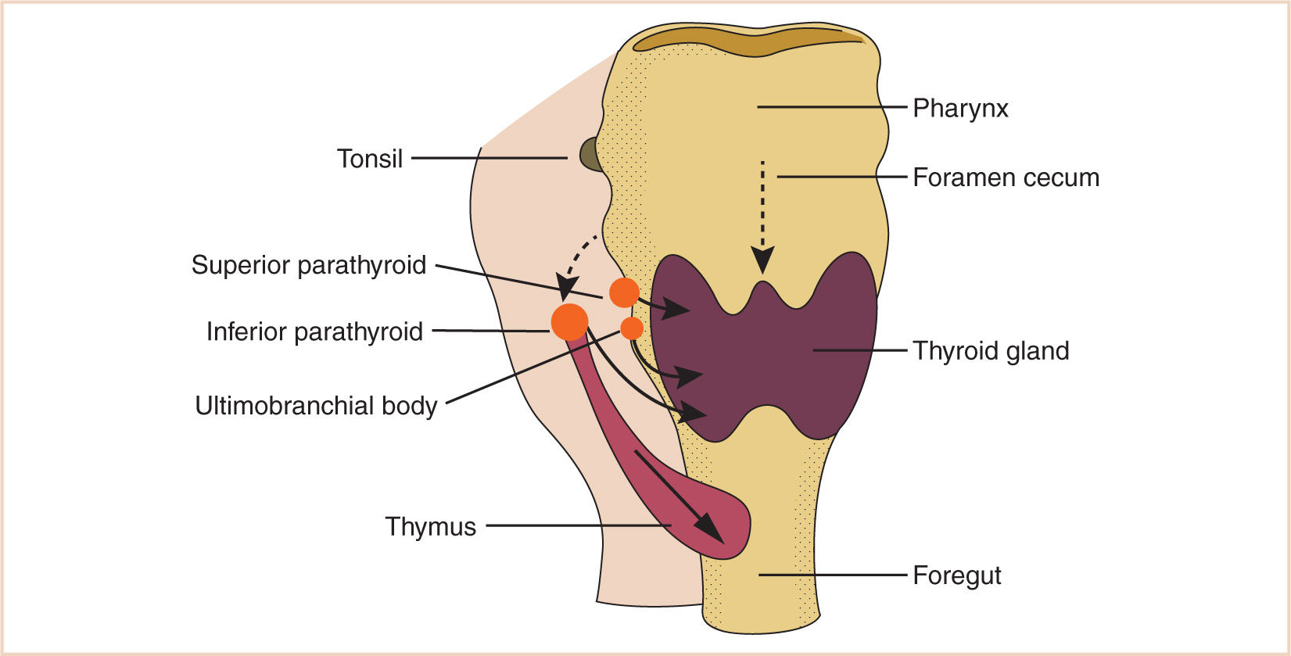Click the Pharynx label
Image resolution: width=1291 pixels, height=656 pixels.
tap(960, 108)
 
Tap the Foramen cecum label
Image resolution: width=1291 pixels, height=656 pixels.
tap(1006, 177)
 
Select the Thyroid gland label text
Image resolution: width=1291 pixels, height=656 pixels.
tap(991, 351)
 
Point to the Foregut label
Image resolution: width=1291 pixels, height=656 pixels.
tap(957, 575)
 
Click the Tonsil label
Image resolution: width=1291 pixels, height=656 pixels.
tap(370, 159)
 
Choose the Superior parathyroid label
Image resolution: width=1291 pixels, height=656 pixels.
tap(309, 265)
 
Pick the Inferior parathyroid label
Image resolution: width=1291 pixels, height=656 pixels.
tap(314, 332)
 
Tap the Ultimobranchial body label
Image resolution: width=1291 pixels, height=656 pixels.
tap(316, 406)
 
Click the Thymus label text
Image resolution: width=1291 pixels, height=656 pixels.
tap(430, 526)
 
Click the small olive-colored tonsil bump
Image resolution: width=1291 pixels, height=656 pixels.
tap(590, 155)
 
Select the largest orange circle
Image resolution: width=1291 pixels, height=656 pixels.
tap(569, 321)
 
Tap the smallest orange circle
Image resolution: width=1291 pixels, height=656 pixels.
tap(632, 328)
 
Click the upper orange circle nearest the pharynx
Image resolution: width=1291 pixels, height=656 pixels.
tap(624, 292)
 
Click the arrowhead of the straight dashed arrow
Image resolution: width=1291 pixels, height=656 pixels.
tap(762, 260)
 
